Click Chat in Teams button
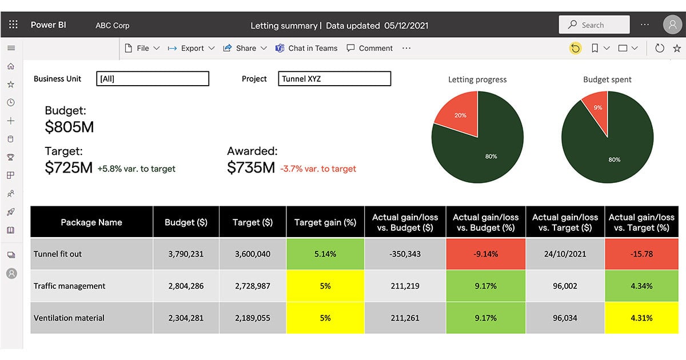point(306,49)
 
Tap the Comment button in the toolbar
point(370,49)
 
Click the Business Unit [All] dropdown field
point(153,79)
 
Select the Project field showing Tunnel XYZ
point(334,79)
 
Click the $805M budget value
point(69,127)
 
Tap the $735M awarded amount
point(251,168)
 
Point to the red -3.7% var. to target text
point(318,169)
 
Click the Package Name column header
point(91,222)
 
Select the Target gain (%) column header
point(325,222)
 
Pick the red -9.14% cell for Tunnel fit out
point(485,254)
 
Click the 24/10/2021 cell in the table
point(565,254)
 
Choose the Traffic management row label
point(69,286)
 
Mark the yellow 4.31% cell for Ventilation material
point(641,318)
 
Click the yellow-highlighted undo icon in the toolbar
point(575,49)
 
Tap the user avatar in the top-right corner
point(673,25)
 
